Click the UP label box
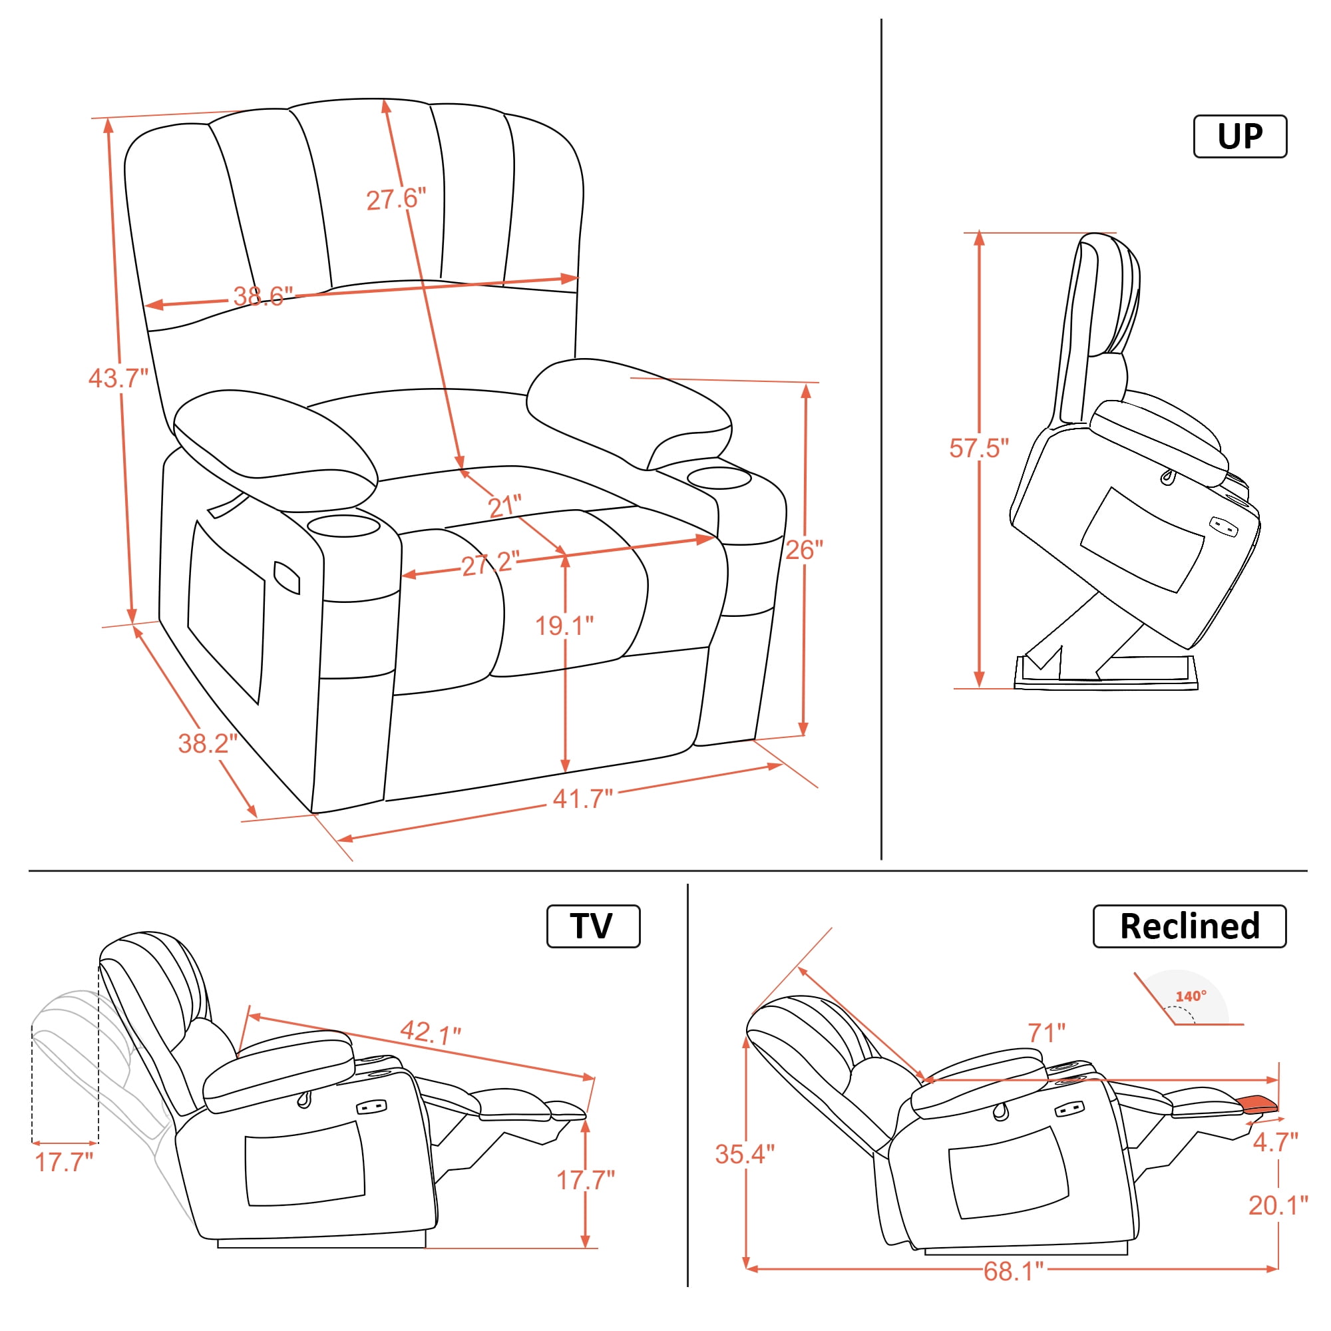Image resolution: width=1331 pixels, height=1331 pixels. (1239, 136)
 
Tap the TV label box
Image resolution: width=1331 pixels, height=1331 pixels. (592, 926)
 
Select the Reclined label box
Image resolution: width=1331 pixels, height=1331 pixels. (1189, 926)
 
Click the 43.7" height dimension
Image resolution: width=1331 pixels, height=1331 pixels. (118, 377)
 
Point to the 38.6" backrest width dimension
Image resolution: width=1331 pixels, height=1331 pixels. (262, 296)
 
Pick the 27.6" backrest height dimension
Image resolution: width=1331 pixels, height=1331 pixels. (396, 199)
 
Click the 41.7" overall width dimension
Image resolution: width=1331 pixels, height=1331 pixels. (582, 799)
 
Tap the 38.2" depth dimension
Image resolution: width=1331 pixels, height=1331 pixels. (208, 743)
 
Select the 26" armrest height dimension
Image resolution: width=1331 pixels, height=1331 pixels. (804, 549)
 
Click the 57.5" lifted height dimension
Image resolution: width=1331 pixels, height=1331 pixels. (979, 447)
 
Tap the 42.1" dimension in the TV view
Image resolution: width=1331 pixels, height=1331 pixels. (430, 1032)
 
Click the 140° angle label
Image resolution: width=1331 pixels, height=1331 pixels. (1191, 996)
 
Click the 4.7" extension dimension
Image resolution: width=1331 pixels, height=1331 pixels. (1275, 1142)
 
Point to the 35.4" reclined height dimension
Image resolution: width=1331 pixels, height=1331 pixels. (745, 1153)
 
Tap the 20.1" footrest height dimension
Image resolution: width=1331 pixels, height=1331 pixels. (1278, 1205)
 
